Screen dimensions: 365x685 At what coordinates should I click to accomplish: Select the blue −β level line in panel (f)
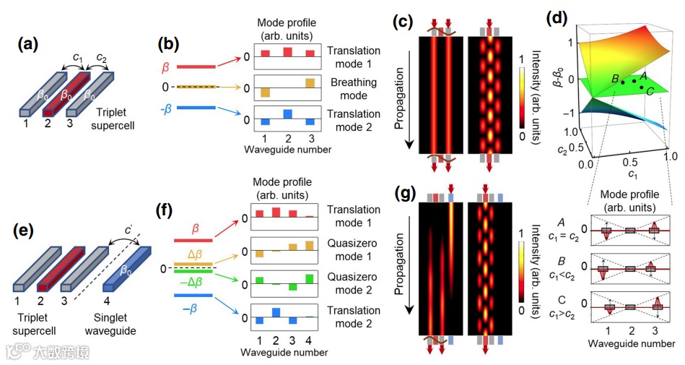(x=191, y=295)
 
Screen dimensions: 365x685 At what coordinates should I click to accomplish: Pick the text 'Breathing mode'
(x=353, y=88)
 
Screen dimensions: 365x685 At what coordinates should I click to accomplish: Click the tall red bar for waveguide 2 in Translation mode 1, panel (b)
(x=287, y=52)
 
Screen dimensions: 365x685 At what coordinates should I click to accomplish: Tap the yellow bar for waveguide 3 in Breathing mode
(x=310, y=83)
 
